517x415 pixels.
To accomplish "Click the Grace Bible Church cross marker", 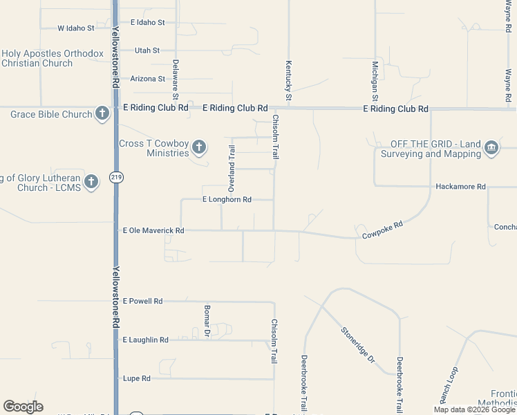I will pos(102,113).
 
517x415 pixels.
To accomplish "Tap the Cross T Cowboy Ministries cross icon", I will pos(199,147).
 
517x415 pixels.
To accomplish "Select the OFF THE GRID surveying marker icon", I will pos(491,147).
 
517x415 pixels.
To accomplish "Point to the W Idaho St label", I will pos(75,28).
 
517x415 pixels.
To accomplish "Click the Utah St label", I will pos(147,50).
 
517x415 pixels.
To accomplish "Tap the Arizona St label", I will pos(148,79).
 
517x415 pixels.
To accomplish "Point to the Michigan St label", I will pos(375,80).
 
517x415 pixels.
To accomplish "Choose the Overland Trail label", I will pos(232,168).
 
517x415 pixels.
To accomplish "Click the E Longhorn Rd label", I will pos(227,199).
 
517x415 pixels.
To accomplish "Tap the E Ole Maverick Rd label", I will pos(153,230).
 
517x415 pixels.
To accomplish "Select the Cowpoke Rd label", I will pos(382,231).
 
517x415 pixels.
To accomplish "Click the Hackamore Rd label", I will pos(461,187).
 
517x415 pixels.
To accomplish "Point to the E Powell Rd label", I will pos(142,302).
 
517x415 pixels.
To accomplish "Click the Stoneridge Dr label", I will pos(357,345).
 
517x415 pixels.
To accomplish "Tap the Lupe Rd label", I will pos(136,378).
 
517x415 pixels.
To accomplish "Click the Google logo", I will pos(23,407).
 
